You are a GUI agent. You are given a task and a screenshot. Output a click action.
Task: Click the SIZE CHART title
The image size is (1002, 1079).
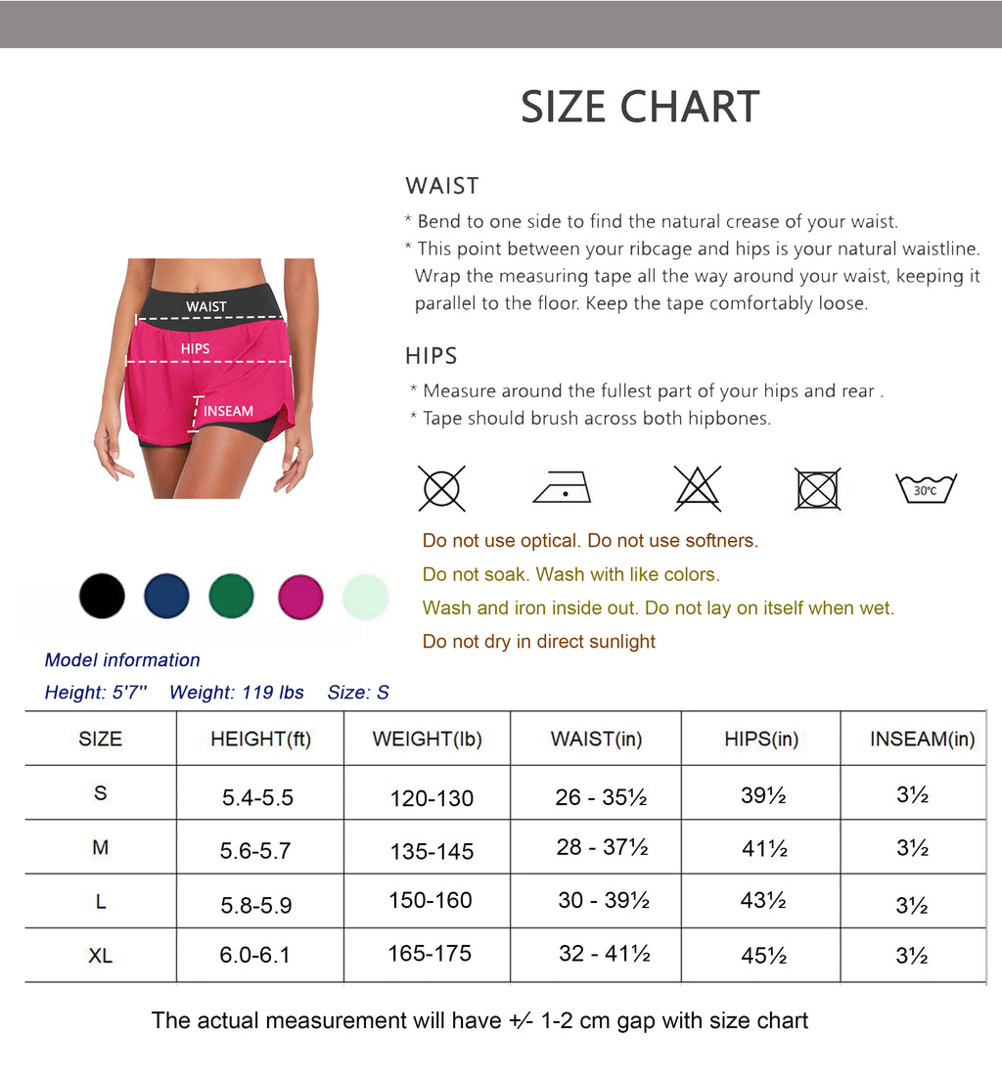pos(640,107)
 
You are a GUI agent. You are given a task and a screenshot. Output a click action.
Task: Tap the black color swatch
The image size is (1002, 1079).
pos(102,596)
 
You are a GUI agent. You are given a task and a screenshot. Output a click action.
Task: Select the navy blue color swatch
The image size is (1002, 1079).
pos(166,596)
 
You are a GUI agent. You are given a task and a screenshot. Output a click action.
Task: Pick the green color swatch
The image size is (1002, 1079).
pos(231,596)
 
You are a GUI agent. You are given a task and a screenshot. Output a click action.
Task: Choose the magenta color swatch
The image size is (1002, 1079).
pos(299,596)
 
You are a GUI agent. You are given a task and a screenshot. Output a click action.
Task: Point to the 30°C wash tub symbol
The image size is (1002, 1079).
pos(926,488)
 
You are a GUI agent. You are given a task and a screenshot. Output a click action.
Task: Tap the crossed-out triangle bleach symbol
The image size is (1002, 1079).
pos(698,487)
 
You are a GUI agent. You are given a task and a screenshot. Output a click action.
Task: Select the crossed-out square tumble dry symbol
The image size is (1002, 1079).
pos(817,488)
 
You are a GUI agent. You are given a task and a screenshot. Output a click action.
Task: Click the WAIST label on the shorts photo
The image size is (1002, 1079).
pos(206,307)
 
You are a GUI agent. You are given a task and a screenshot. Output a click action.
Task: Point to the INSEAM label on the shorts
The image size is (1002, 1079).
pos(228,412)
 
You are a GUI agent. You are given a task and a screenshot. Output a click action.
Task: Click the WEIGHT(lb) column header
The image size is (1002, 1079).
pos(427,740)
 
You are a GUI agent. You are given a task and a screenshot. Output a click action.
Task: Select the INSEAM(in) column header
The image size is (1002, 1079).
pos(922,740)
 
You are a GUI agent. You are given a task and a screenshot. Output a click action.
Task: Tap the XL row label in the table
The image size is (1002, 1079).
pos(100,956)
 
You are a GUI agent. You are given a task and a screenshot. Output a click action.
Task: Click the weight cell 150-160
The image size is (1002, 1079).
pos(431,900)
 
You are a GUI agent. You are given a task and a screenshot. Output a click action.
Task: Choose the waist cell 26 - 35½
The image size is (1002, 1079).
pos(601,797)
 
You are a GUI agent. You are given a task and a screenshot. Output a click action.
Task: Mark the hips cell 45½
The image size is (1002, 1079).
pos(764,955)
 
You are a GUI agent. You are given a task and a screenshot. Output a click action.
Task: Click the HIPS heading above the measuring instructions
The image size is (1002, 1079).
pos(432,356)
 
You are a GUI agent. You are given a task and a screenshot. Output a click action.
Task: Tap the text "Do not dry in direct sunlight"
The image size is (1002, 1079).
pos(539,642)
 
